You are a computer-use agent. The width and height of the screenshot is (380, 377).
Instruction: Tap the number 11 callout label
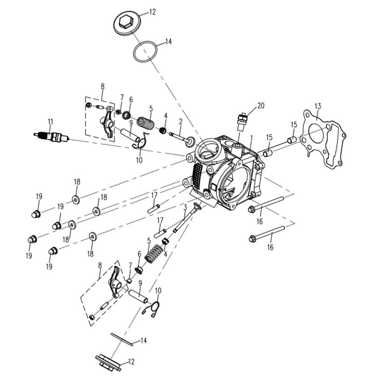coord(51,121)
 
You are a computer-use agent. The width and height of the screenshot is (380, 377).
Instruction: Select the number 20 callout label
coord(261,106)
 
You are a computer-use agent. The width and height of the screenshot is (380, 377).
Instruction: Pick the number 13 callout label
coord(317,106)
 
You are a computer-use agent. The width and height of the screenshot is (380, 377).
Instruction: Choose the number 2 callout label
coord(181,121)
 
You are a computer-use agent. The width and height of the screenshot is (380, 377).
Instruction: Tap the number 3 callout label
coord(185,207)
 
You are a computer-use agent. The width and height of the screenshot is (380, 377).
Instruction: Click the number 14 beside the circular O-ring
coord(168,42)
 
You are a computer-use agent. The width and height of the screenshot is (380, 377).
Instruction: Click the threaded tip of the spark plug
coord(38,134)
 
